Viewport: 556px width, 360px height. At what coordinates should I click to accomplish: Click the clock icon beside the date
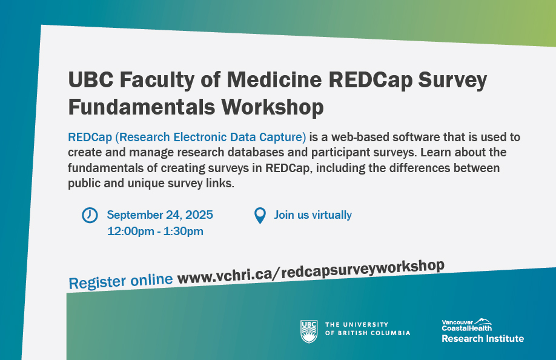point(90,215)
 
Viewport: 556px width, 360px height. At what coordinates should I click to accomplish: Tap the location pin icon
point(260,215)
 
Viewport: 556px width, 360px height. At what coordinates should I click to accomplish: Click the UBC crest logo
point(309,331)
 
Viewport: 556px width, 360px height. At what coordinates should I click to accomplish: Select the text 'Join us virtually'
point(313,215)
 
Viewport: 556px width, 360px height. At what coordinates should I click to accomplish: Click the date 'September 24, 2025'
point(160,215)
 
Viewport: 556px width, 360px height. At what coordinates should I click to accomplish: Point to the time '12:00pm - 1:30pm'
point(155,231)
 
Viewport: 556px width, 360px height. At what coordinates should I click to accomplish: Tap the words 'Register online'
point(121,281)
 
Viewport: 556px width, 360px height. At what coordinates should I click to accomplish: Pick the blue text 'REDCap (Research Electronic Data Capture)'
point(187,136)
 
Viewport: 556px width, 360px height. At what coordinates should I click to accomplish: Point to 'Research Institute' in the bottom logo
point(482,338)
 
